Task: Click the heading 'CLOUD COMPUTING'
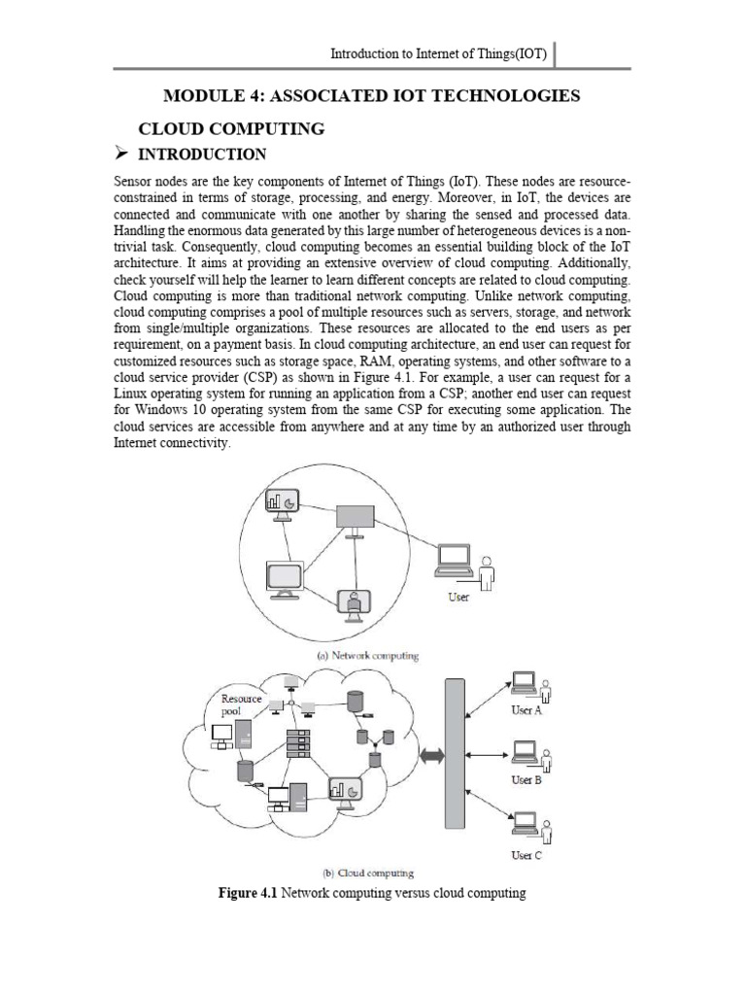point(233,128)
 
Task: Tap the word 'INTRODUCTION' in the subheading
point(204,154)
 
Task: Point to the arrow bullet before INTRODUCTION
point(122,154)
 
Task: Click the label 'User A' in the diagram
point(526,711)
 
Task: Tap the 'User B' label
point(526,780)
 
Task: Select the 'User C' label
point(526,855)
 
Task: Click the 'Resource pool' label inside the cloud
point(241,704)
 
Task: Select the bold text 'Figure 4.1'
point(251,893)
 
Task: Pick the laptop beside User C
point(526,830)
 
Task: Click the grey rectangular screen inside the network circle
point(356,518)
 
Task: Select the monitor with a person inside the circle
point(354,604)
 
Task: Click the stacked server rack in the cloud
point(298,746)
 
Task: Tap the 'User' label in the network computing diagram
point(458,597)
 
